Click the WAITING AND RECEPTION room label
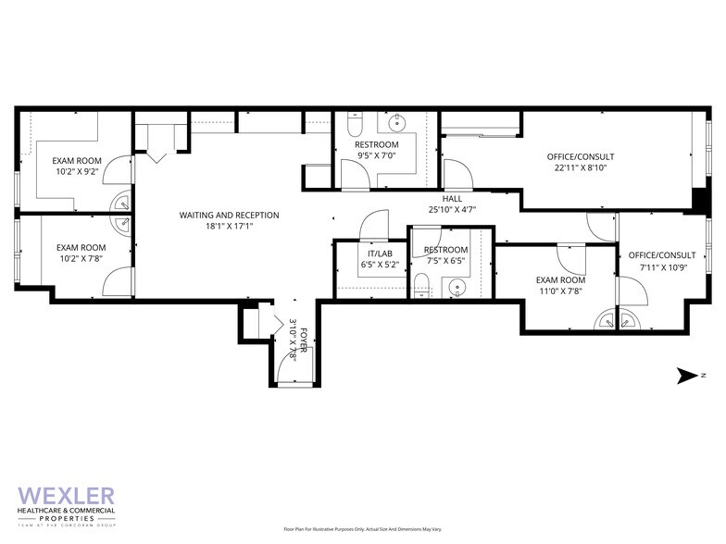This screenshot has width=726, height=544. click(x=229, y=215)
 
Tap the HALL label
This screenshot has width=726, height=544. click(x=452, y=199)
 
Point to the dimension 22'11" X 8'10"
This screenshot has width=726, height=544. click(x=581, y=168)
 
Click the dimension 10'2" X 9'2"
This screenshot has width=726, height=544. click(x=77, y=171)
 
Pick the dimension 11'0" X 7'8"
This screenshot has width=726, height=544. click(x=561, y=291)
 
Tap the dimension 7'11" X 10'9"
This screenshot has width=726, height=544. click(x=661, y=267)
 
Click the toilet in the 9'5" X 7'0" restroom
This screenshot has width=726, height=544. click(x=354, y=124)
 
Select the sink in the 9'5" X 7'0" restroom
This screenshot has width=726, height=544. click(x=396, y=122)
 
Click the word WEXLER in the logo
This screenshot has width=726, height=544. click(x=67, y=496)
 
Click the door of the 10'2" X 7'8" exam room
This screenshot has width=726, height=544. click(x=119, y=280)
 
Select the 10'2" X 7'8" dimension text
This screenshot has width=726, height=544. click(x=81, y=260)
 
